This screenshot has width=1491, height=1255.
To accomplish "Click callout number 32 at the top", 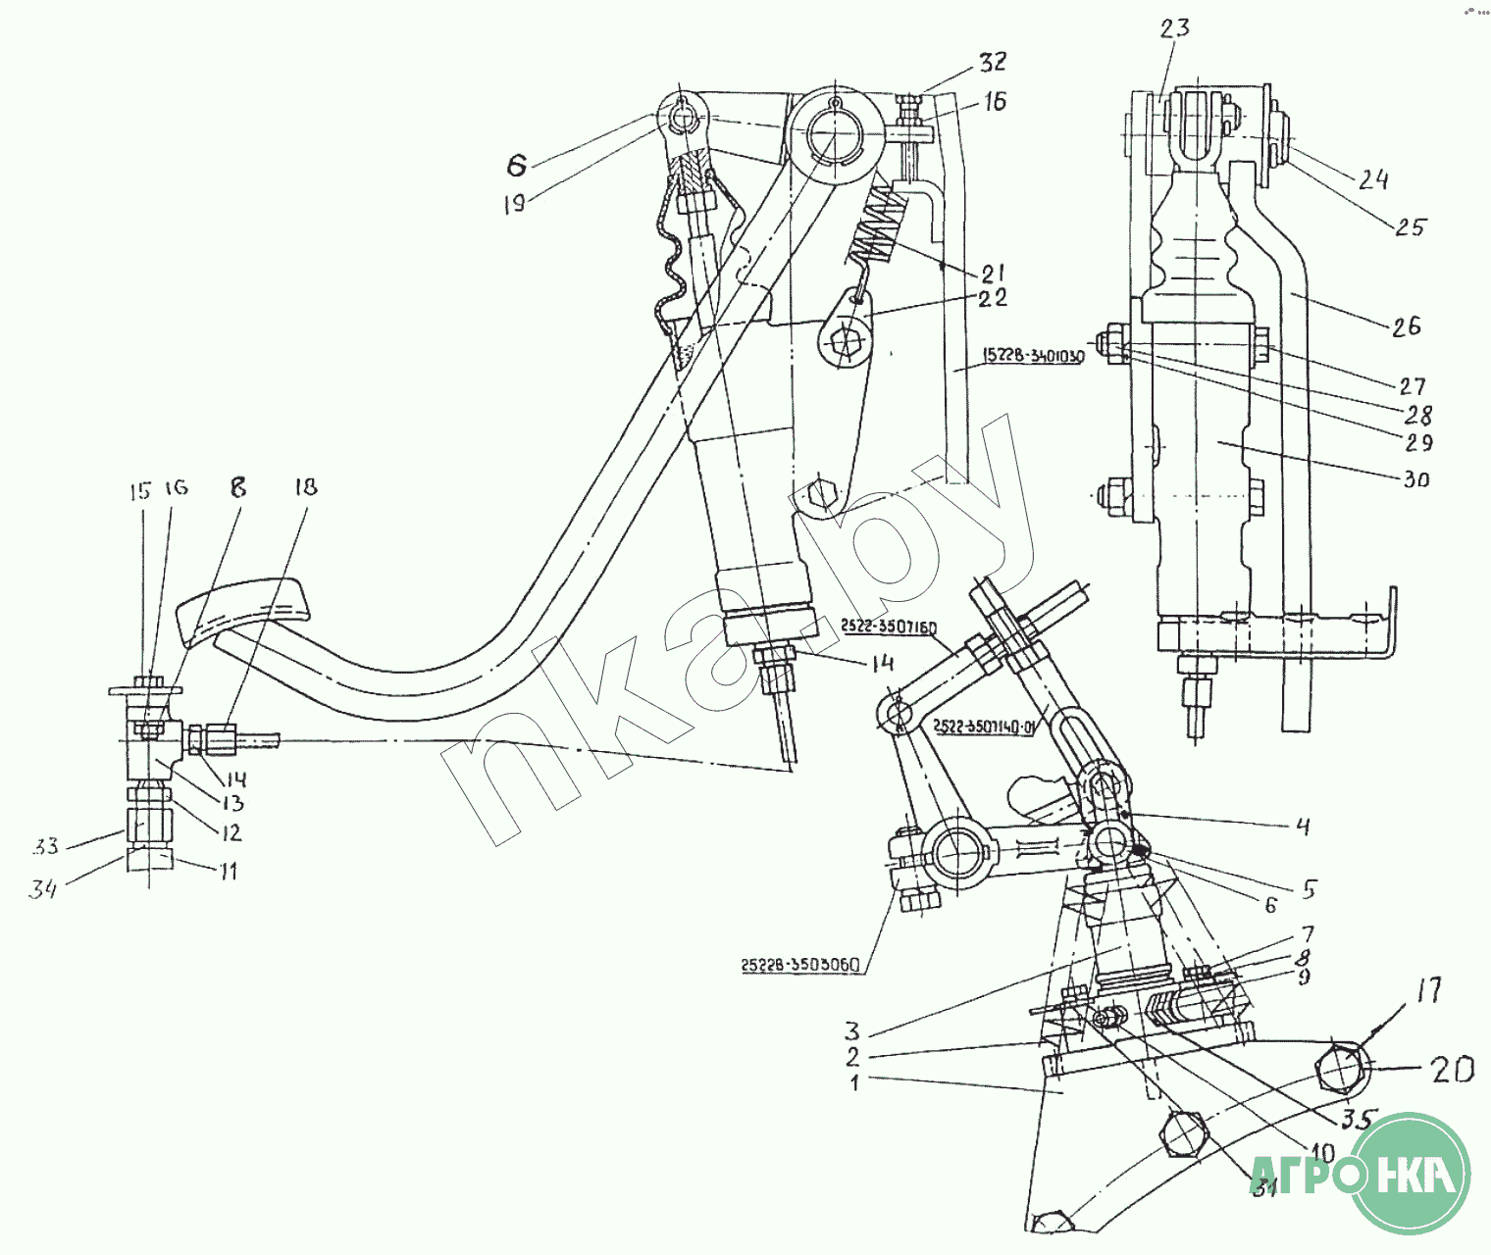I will pos(993,62).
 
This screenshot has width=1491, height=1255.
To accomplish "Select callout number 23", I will pos(1174,28).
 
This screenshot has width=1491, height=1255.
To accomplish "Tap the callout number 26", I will pos(1406,326).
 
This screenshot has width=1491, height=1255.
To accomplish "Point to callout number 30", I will pos(1416,479).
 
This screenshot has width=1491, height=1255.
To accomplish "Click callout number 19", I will pos(515,203).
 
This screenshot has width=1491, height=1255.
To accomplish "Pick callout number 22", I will pos(993,297).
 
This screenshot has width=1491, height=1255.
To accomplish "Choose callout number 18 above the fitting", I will pos(306,486).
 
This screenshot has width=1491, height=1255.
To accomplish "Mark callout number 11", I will pos(228,871).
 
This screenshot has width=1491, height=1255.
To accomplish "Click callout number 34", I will pos(42,889).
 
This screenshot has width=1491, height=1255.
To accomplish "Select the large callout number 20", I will pos(1452,1069).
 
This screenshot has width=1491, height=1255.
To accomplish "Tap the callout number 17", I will pos(1429,990).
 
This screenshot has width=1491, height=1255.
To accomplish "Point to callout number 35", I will pos(1359,1119).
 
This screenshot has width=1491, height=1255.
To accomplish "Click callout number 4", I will pos(1303,827).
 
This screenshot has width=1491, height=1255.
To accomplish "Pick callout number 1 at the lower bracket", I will pos(854,1082).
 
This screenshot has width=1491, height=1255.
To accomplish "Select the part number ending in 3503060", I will pos(800,965).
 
